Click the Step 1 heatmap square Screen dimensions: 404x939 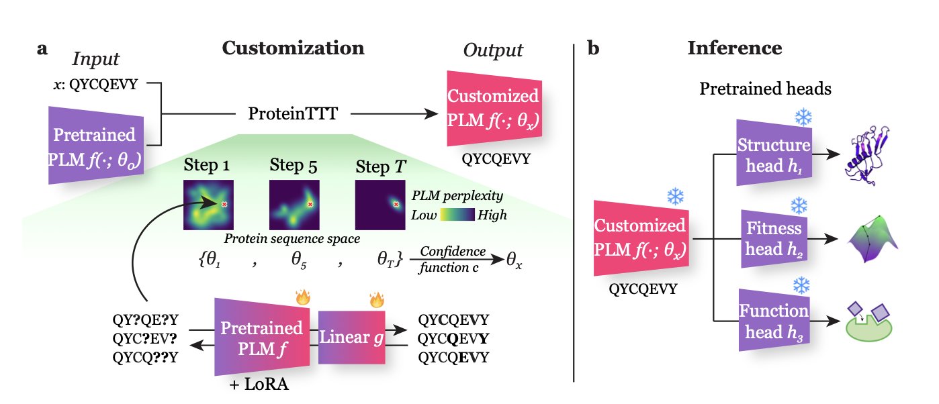pos(208,205)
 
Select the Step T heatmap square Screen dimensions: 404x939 pos(380,205)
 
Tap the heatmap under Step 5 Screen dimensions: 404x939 pos(294,205)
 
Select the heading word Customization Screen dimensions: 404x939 pos(293,49)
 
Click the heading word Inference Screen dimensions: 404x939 pos(734,49)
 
